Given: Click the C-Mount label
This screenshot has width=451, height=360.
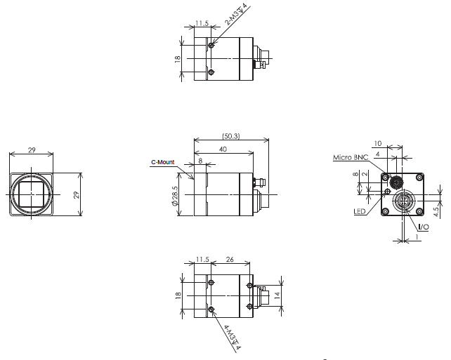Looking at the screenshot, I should pos(162,162).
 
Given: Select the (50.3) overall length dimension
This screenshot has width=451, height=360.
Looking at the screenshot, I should pos(230,135).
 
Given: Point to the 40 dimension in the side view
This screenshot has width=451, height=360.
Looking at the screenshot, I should pos(223,149).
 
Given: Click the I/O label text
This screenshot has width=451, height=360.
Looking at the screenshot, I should pos(424,227).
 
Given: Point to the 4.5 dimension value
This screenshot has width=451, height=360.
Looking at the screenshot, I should pos(436,210).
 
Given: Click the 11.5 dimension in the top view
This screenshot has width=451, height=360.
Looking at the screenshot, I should pos(202,22).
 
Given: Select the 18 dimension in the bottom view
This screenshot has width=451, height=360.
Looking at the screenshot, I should pos(179,297).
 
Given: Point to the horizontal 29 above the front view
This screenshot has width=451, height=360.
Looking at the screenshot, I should pos(32,150).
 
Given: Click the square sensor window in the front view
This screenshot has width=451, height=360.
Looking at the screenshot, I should pos(32,193).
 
